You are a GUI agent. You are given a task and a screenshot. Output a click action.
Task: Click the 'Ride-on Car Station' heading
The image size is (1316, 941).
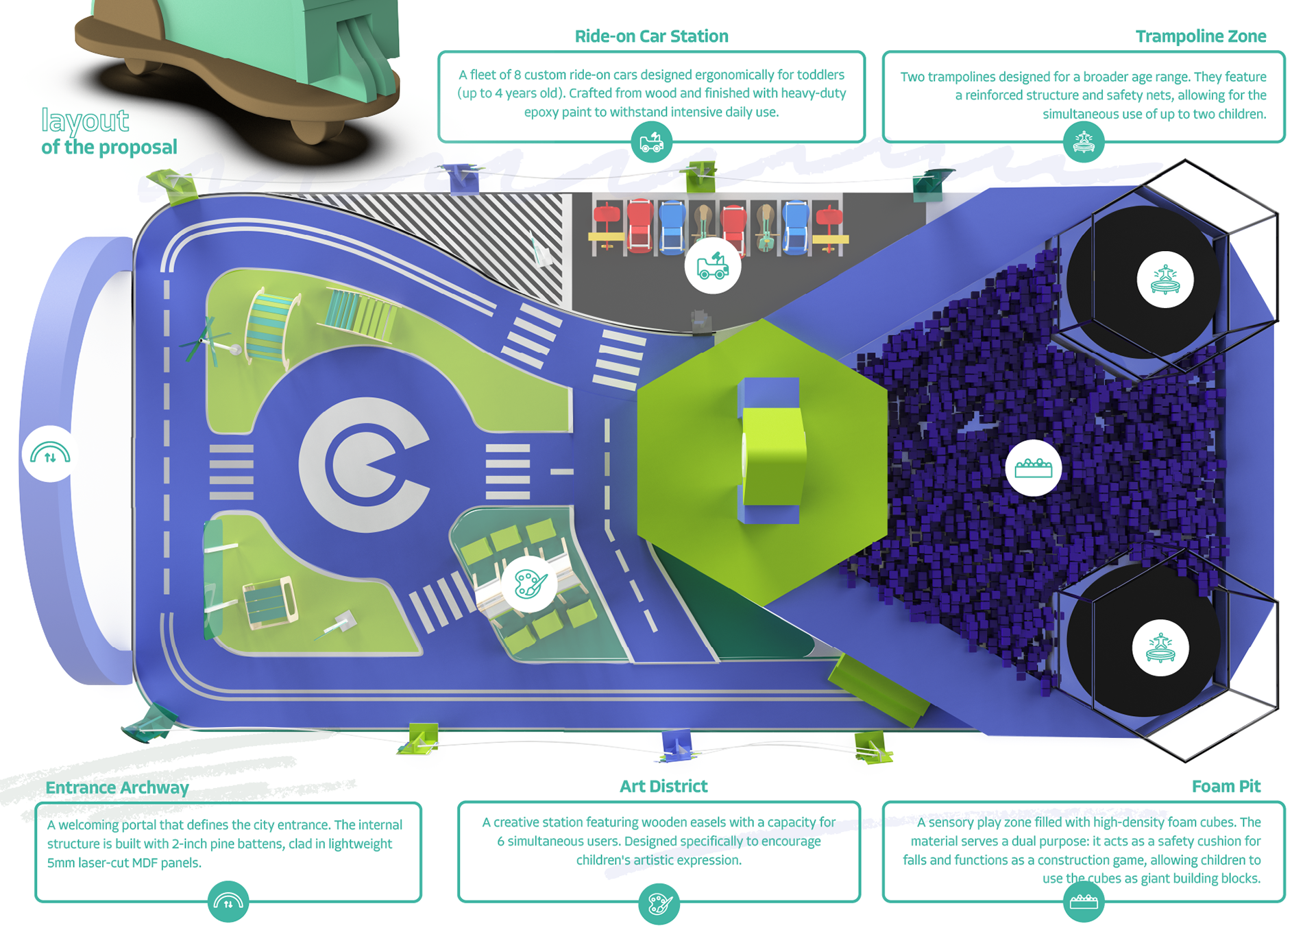tap(650, 36)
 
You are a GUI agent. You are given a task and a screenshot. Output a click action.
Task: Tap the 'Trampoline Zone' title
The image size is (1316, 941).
tap(1200, 36)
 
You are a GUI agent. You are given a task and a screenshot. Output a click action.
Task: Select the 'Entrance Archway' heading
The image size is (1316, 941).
tap(117, 787)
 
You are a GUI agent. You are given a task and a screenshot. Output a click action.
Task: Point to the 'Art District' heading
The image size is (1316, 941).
tap(663, 786)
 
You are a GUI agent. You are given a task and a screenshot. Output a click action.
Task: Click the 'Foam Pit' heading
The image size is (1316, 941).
tap(1226, 786)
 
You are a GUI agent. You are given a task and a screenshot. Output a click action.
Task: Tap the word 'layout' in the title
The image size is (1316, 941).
tap(85, 121)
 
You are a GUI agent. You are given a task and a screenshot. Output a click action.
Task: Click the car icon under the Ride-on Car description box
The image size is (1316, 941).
tap(651, 143)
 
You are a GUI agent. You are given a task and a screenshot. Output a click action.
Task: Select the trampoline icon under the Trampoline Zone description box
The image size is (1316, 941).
tap(1083, 143)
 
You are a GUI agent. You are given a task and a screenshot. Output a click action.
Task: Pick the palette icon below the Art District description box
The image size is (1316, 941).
tap(659, 903)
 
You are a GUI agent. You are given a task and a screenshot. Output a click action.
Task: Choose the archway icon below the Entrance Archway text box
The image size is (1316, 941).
tap(228, 902)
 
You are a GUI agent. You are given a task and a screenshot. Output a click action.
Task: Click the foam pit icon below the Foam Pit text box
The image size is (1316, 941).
tap(1083, 901)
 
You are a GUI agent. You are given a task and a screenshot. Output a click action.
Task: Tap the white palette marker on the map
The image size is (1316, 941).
tap(529, 584)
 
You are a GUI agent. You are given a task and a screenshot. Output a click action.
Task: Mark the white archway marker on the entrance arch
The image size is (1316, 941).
tap(50, 454)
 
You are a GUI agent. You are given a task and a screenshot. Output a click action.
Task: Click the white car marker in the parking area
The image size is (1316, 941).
tap(712, 266)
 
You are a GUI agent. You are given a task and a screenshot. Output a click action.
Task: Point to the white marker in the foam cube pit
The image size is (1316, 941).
tap(1033, 468)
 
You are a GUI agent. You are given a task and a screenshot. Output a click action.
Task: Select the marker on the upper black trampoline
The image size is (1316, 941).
tap(1165, 280)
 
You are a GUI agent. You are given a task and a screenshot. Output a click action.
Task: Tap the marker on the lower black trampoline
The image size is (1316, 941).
tap(1160, 648)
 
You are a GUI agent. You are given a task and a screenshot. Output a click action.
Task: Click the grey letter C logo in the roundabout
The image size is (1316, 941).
tap(364, 464)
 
